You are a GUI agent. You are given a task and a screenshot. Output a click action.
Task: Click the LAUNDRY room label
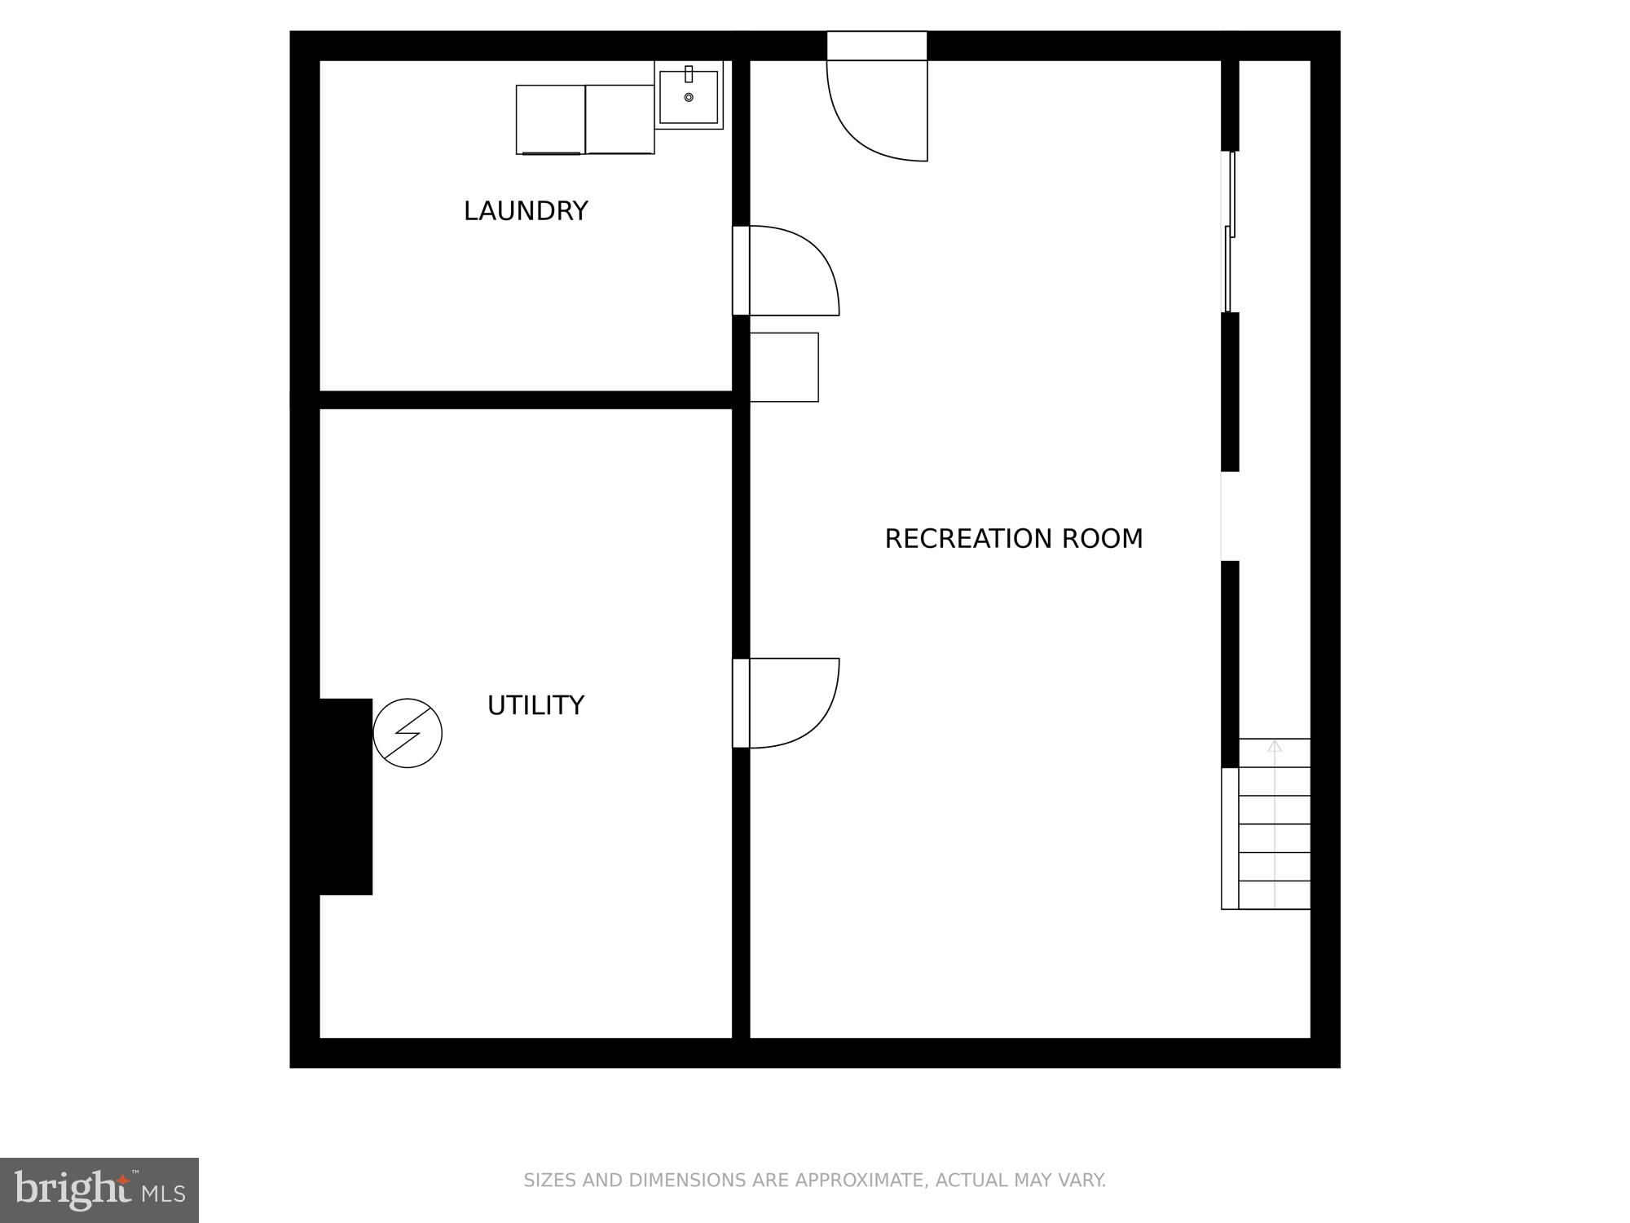526,211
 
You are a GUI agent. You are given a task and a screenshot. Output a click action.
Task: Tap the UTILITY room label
535,705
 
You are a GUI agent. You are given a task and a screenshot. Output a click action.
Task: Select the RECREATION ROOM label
1013,539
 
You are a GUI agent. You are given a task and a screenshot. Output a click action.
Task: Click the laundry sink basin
689,96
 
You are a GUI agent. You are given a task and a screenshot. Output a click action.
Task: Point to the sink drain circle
689,98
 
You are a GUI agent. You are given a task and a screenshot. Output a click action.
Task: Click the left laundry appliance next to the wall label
550,119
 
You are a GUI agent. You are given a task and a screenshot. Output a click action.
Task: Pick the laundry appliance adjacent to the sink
619,119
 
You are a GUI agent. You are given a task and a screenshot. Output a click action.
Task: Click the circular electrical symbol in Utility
407,733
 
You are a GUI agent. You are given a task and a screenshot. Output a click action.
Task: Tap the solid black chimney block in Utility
346,796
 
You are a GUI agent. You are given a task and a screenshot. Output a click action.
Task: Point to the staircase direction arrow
1275,746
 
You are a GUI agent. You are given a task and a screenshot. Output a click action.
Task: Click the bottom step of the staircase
1275,894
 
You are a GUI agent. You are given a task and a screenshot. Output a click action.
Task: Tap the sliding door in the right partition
1229,232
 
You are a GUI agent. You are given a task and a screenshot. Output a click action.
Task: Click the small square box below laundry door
784,367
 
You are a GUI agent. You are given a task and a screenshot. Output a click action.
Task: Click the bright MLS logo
99,1190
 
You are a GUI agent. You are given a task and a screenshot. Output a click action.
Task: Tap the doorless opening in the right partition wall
1229,516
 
